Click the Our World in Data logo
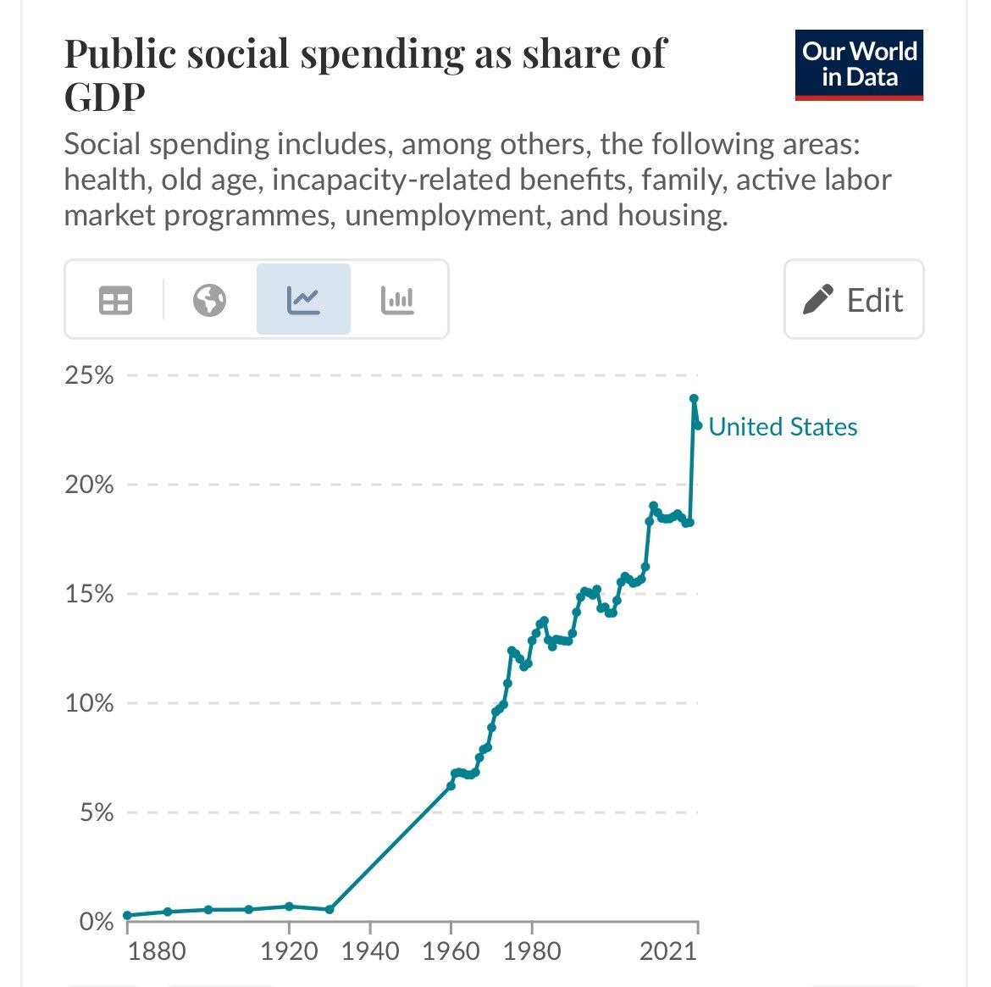(x=859, y=65)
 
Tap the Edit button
(x=854, y=300)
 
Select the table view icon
(x=116, y=300)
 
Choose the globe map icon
(x=209, y=300)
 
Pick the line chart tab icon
(x=303, y=300)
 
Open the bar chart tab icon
(x=397, y=300)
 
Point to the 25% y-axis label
(x=89, y=375)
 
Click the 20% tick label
(x=89, y=485)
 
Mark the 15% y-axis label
(x=89, y=594)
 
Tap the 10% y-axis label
(x=89, y=703)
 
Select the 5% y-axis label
(x=95, y=812)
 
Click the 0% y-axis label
(x=95, y=922)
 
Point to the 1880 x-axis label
(x=157, y=951)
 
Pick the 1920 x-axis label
(x=289, y=951)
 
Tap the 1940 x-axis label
(x=370, y=951)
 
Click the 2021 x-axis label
(x=667, y=951)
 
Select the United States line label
(x=783, y=427)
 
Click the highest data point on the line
(x=694, y=398)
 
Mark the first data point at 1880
(x=127, y=915)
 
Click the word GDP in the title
(x=105, y=97)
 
